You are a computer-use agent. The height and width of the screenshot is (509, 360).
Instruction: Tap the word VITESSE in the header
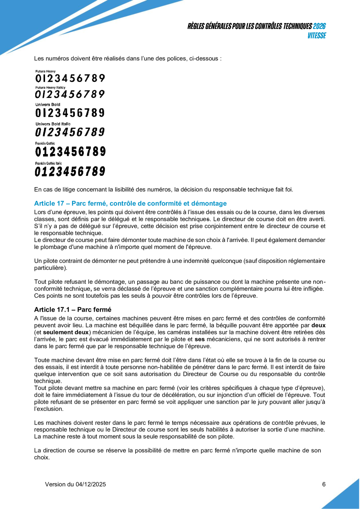click(x=317, y=36)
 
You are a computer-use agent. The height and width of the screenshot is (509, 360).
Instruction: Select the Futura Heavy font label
click(x=45, y=71)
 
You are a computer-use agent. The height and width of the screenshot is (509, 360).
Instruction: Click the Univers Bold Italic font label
click(x=53, y=124)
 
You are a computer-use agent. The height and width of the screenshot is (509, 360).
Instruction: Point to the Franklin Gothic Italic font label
click(x=49, y=162)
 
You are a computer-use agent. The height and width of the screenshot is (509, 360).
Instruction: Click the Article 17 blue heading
click(x=130, y=203)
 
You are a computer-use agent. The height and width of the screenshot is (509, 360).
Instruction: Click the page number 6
click(x=324, y=484)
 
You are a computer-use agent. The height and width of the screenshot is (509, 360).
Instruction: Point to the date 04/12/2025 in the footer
click(x=91, y=484)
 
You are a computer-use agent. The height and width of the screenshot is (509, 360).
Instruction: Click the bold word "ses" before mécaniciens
click(x=200, y=339)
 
